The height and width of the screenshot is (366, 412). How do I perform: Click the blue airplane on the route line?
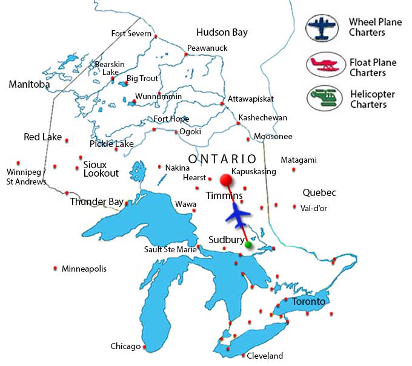coord(239,215)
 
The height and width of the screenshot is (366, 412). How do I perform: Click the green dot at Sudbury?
coord(248,245)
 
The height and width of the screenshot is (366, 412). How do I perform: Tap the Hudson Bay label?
coord(222,32)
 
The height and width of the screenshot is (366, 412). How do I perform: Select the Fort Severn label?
coord(131,33)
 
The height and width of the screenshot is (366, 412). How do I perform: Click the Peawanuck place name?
coord(205,48)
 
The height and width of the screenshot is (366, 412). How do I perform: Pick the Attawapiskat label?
coord(251,99)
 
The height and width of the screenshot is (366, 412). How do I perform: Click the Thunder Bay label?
coord(97,201)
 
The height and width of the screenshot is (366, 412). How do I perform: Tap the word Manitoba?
coord(29,85)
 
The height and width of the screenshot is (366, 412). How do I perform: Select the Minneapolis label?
coord(84,268)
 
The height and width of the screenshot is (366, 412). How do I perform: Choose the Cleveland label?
coord(264,356)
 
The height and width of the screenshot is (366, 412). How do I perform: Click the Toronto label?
coord(308,301)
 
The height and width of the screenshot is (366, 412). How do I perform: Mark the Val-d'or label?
coord(314,208)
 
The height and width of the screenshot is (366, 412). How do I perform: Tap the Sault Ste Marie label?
coord(170,249)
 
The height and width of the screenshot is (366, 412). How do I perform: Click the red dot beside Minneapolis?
coord(56,268)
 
